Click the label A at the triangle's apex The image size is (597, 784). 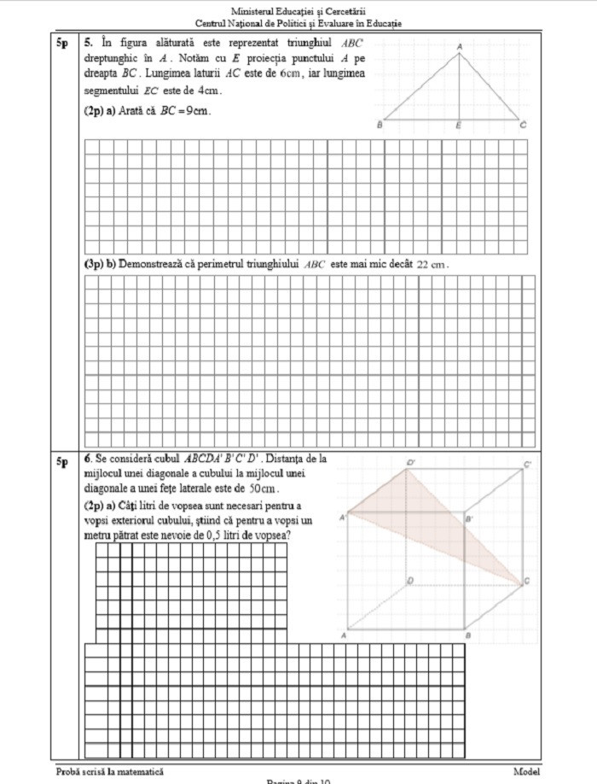click(x=460, y=45)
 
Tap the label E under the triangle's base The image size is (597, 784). click(x=458, y=126)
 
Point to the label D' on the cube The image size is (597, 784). click(x=410, y=463)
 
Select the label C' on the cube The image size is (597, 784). click(x=528, y=465)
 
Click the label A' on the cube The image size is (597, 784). click(x=343, y=517)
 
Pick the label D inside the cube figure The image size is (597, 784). click(x=411, y=581)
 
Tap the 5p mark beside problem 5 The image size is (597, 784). click(x=62, y=41)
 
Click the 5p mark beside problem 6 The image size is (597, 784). click(x=62, y=462)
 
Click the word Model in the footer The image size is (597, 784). click(x=526, y=771)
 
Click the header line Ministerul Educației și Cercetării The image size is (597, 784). click(x=298, y=11)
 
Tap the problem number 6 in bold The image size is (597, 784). click(x=88, y=459)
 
